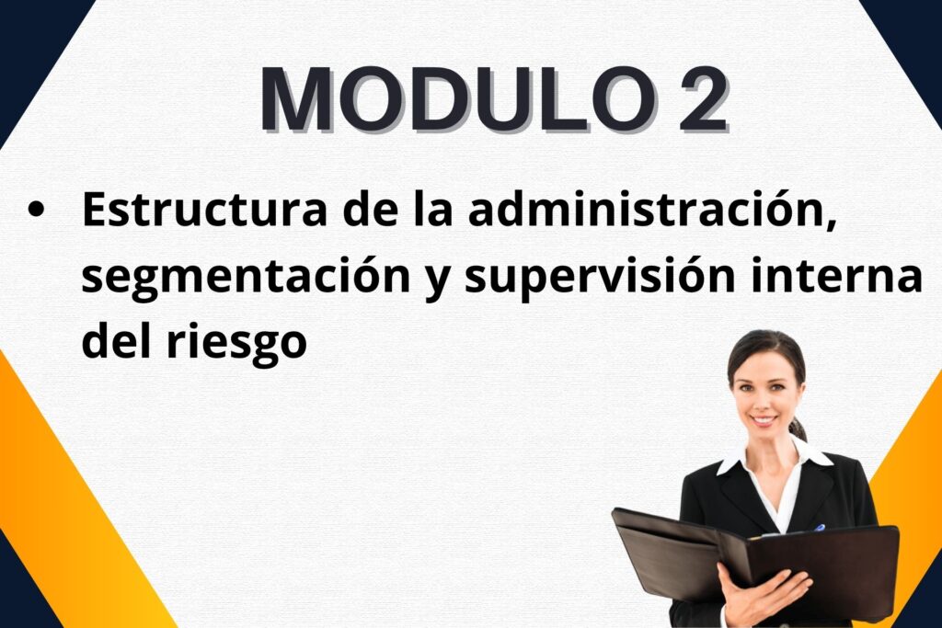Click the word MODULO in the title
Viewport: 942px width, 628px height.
pyautogui.click(x=457, y=99)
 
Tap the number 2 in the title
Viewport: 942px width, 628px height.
pyautogui.click(x=703, y=99)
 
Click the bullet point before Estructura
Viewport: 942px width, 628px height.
pyautogui.click(x=36, y=210)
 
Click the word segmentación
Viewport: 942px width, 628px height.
pyautogui.click(x=246, y=277)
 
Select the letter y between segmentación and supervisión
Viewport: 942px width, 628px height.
pyautogui.click(x=437, y=281)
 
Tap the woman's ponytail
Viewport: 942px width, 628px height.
pyautogui.click(x=798, y=428)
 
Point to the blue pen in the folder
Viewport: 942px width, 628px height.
pyautogui.click(x=818, y=529)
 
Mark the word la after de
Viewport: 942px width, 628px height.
pyautogui.click(x=432, y=209)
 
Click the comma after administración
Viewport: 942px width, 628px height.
pyautogui.click(x=830, y=224)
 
